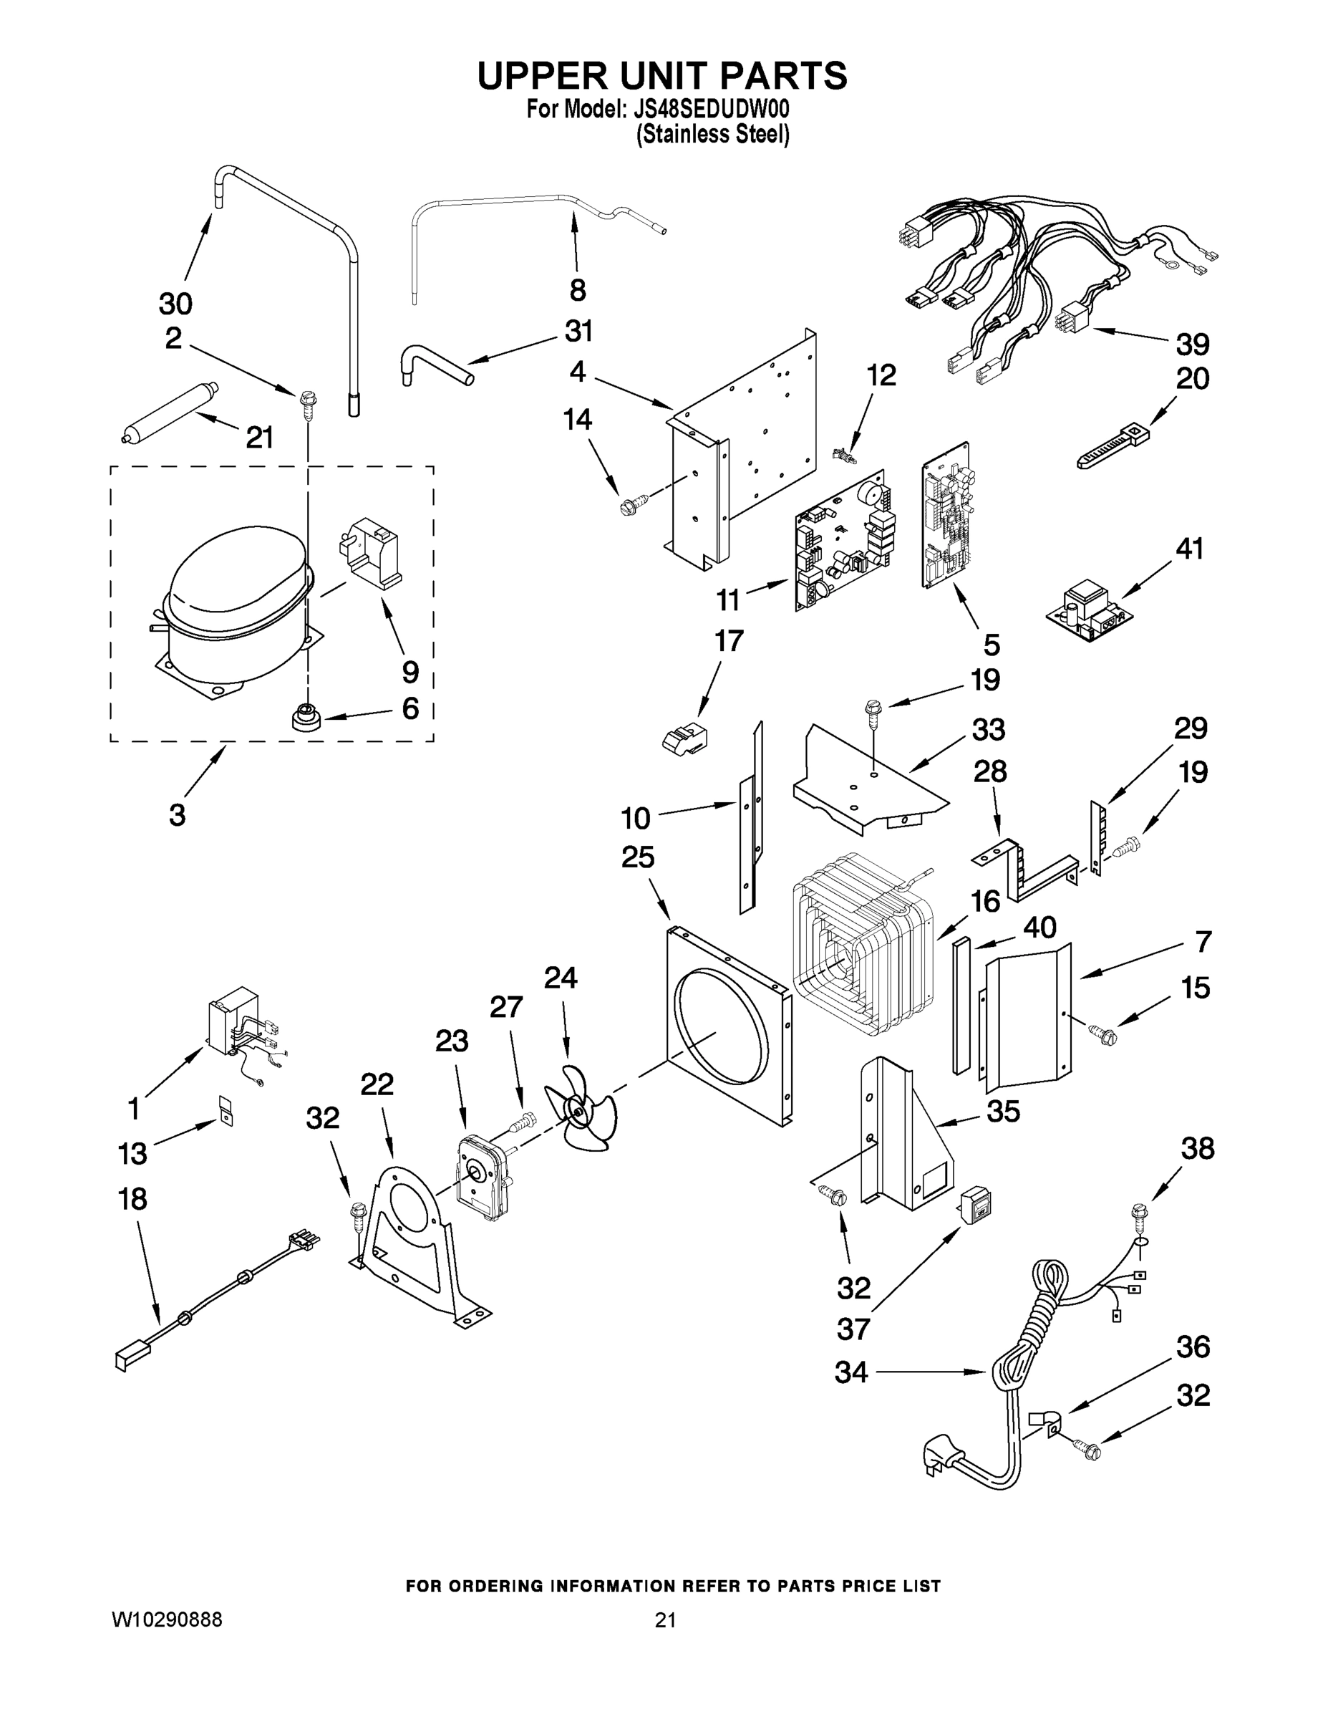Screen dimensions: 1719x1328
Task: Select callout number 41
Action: (1190, 549)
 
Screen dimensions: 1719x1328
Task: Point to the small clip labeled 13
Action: (226, 1112)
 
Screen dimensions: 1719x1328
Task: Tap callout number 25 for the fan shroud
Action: (637, 857)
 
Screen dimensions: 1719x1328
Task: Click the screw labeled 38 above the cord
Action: (1137, 1216)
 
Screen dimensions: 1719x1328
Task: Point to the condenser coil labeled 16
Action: (861, 945)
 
